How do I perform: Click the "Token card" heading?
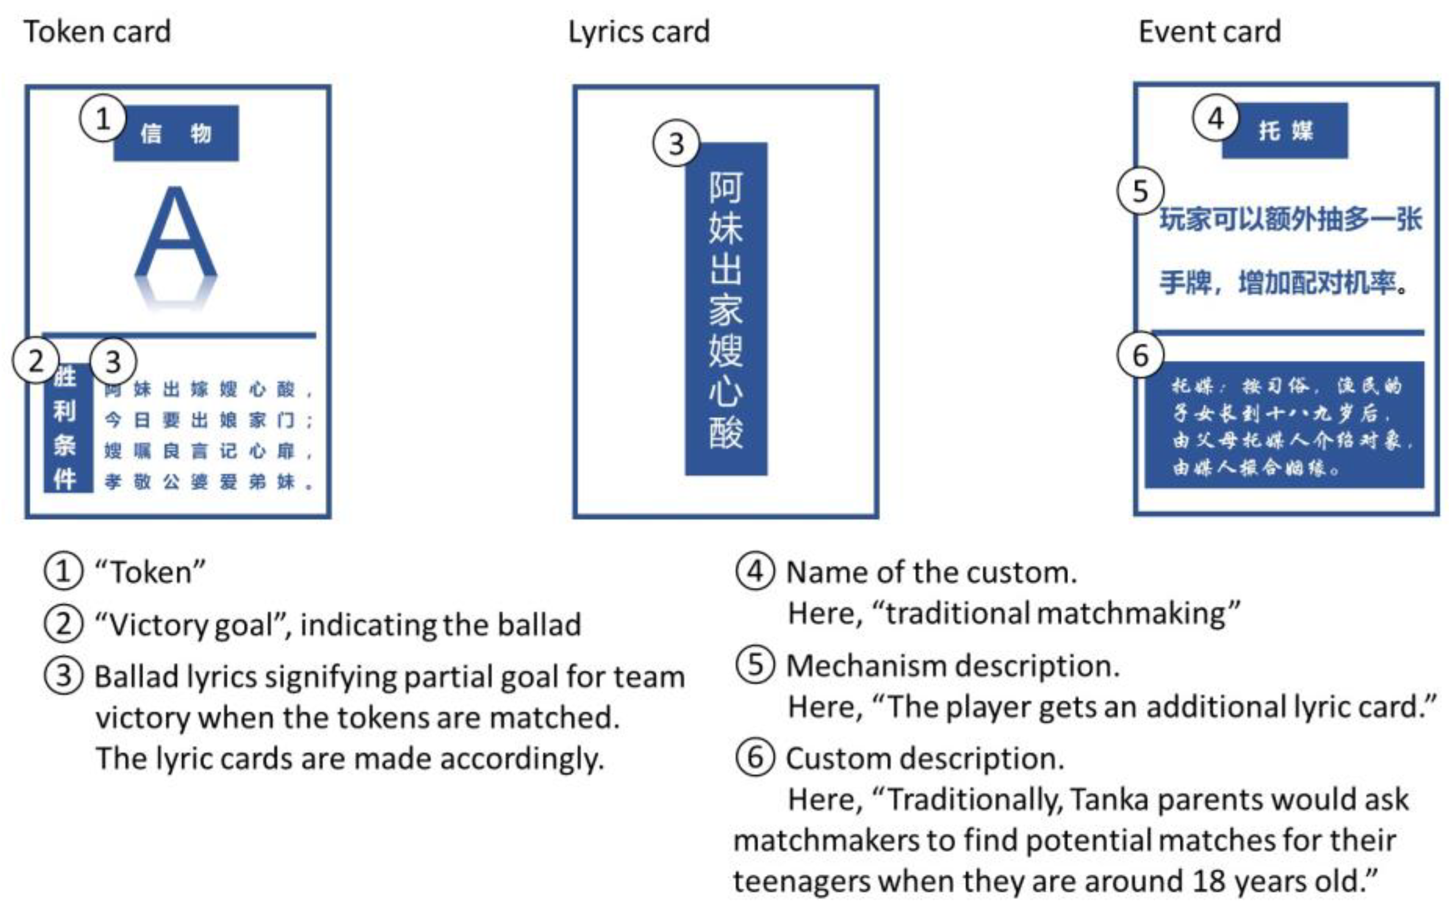click(x=97, y=32)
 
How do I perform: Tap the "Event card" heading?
click(x=1209, y=32)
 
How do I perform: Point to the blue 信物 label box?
click(x=176, y=133)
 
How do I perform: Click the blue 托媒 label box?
click(x=1285, y=131)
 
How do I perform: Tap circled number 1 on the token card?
click(x=103, y=118)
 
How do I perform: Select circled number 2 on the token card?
click(x=35, y=361)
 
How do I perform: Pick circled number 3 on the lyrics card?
click(x=676, y=144)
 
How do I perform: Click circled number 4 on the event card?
click(x=1216, y=118)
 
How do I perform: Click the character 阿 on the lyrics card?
click(x=726, y=188)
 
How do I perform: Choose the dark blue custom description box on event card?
click(x=1284, y=425)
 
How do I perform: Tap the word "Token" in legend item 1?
click(x=151, y=572)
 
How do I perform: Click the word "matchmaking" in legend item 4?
click(x=1133, y=614)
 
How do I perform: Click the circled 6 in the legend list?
click(x=754, y=758)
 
